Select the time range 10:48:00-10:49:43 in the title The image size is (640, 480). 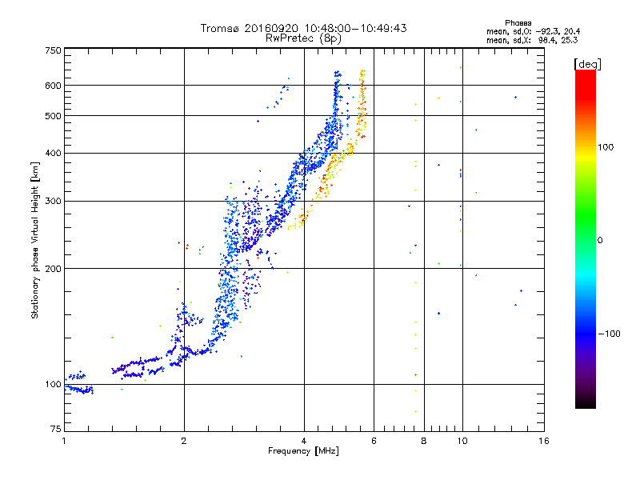pyautogui.click(x=355, y=28)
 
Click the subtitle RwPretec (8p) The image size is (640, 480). pyautogui.click(x=303, y=38)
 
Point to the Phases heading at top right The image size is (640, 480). pyautogui.click(x=518, y=23)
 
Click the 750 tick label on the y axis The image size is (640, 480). pyautogui.click(x=53, y=50)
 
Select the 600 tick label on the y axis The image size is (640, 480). pyautogui.click(x=53, y=86)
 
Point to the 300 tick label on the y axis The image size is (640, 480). pyautogui.click(x=53, y=202)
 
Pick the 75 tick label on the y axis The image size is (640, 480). pyautogui.click(x=56, y=429)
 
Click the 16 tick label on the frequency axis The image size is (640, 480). pyautogui.click(x=544, y=441)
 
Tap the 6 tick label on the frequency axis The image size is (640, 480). pyautogui.click(x=374, y=441)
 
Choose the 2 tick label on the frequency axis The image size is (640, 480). pyautogui.click(x=184, y=441)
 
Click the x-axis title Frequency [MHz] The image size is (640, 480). pyautogui.click(x=303, y=451)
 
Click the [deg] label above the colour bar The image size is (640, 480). pyautogui.click(x=587, y=64)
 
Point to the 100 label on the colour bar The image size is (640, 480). pyautogui.click(x=606, y=147)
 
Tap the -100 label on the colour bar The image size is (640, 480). pyautogui.click(x=609, y=334)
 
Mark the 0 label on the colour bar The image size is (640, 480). pyautogui.click(x=600, y=241)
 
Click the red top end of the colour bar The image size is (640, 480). pyautogui.click(x=586, y=72)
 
